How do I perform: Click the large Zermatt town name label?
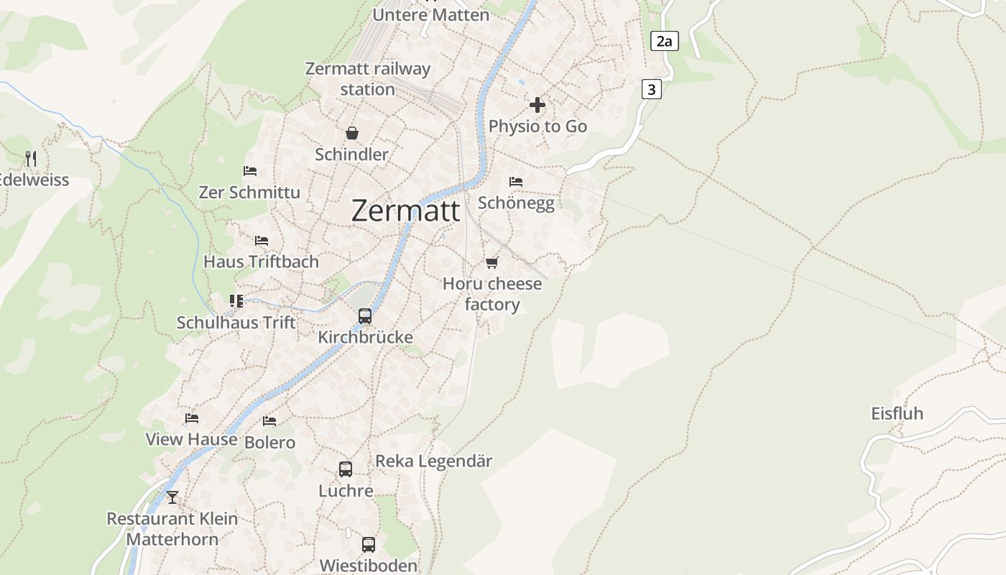pyautogui.click(x=406, y=211)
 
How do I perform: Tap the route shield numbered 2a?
pyautogui.click(x=665, y=42)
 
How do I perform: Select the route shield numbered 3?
pyautogui.click(x=651, y=90)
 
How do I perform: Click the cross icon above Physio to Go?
pyautogui.click(x=537, y=105)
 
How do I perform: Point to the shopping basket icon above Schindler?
pyautogui.click(x=352, y=133)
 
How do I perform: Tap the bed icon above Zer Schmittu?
pyautogui.click(x=250, y=171)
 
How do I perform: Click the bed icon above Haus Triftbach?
pyautogui.click(x=262, y=240)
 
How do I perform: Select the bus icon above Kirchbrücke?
pyautogui.click(x=365, y=316)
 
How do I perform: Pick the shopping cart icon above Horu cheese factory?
pyautogui.click(x=492, y=262)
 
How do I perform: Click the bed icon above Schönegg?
pyautogui.click(x=516, y=181)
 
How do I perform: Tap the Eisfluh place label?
pyautogui.click(x=897, y=414)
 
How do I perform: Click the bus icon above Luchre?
pyautogui.click(x=346, y=469)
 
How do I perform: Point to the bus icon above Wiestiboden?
pyautogui.click(x=369, y=544)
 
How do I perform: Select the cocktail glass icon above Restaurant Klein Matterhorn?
pyautogui.click(x=172, y=497)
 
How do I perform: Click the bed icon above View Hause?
pyautogui.click(x=191, y=418)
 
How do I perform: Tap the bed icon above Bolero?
pyautogui.click(x=269, y=420)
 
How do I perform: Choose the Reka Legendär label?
pyautogui.click(x=434, y=461)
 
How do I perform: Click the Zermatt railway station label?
pyautogui.click(x=368, y=79)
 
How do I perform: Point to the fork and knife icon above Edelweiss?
pyautogui.click(x=31, y=158)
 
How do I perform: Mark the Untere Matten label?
pyautogui.click(x=431, y=14)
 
